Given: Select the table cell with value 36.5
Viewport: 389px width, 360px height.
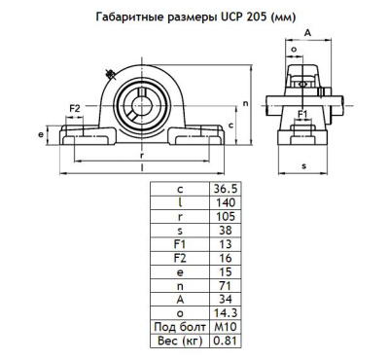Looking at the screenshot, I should click(x=224, y=190).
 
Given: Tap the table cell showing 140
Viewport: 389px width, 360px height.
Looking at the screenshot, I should click(x=224, y=203).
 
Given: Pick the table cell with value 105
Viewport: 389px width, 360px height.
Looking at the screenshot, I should click(x=224, y=217).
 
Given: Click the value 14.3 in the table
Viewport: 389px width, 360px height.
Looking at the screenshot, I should click(x=224, y=312).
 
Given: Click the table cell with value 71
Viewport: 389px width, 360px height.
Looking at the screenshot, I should click(x=224, y=285).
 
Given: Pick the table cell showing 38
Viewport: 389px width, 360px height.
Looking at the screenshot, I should click(x=224, y=231).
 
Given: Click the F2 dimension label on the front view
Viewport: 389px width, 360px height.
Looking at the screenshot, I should click(x=74, y=108).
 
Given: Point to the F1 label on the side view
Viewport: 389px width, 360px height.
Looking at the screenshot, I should click(x=302, y=114).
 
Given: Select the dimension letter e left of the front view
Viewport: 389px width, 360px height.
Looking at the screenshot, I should click(x=39, y=134).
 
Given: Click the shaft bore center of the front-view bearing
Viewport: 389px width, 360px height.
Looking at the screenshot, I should click(x=143, y=100).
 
